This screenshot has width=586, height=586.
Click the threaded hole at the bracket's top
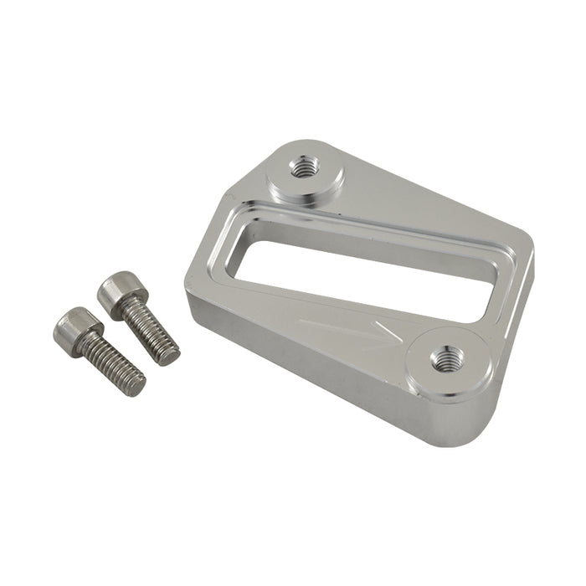(302, 167)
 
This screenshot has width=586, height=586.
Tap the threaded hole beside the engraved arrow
(444, 361)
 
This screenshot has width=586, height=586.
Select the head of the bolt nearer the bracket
(121, 292)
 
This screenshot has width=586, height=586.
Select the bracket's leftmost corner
(188, 285)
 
